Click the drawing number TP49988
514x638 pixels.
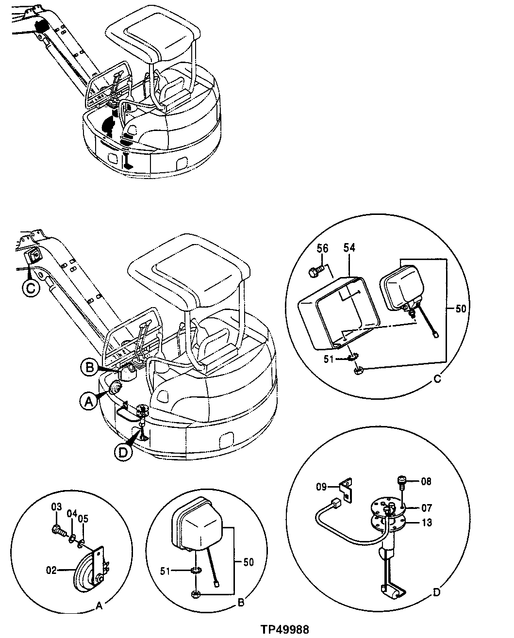tap(284, 629)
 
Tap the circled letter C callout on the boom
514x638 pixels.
tap(30, 288)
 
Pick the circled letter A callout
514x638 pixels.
tap(88, 401)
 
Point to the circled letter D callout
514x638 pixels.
tap(123, 452)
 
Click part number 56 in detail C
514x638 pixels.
tap(322, 248)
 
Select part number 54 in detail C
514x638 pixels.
tap(349, 248)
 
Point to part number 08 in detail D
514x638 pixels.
tap(426, 482)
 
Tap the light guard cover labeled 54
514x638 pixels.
tap(335, 311)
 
